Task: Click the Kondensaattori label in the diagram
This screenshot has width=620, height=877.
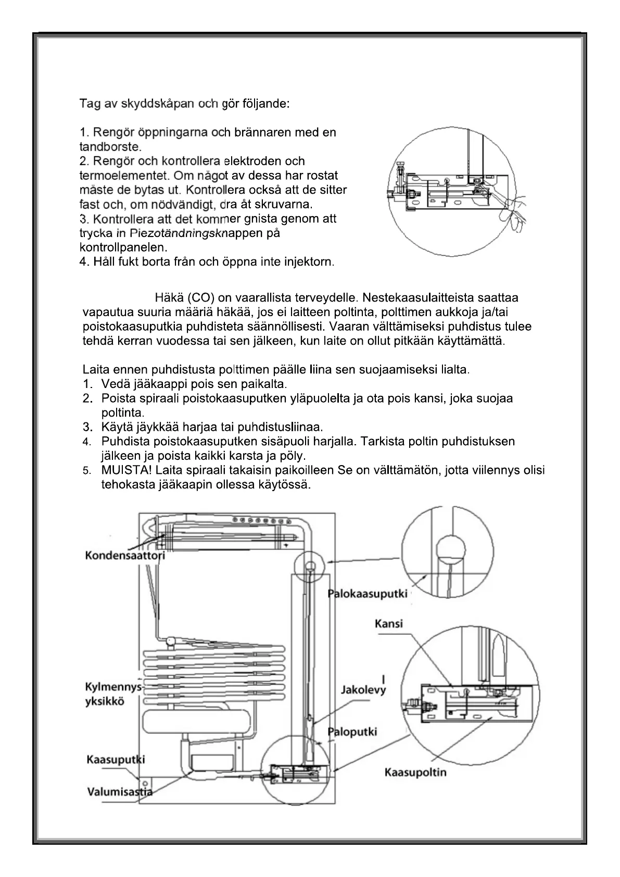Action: point(125,555)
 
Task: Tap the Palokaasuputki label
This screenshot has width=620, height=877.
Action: point(368,594)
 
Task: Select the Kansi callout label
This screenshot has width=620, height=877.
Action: point(389,624)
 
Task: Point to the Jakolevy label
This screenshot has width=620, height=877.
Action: point(363,690)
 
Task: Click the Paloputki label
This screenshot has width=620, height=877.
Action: point(352,732)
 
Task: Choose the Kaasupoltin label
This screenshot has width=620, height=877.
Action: point(415,772)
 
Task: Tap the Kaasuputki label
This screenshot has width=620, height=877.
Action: point(115,760)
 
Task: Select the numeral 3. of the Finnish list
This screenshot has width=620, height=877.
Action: point(87,428)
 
